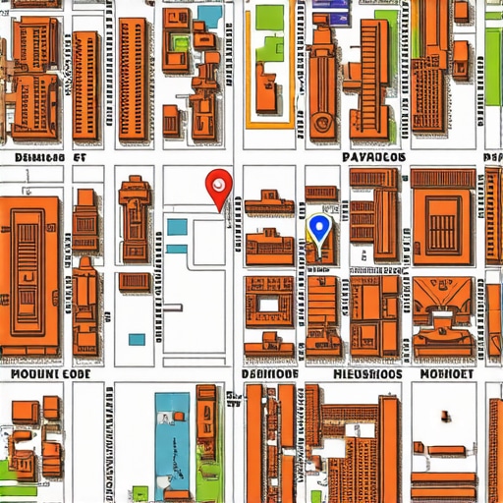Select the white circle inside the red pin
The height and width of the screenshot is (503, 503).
(218, 182)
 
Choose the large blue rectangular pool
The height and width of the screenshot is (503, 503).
(172, 432)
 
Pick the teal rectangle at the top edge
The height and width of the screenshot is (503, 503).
(209, 14)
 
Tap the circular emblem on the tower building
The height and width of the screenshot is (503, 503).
(321, 124)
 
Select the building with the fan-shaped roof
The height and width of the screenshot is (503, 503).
(439, 295)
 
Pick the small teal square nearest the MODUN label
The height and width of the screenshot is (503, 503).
(137, 339)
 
